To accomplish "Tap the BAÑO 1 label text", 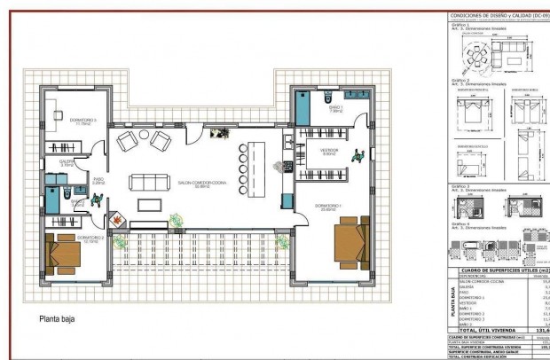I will (335, 110).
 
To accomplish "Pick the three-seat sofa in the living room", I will (148, 182).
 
